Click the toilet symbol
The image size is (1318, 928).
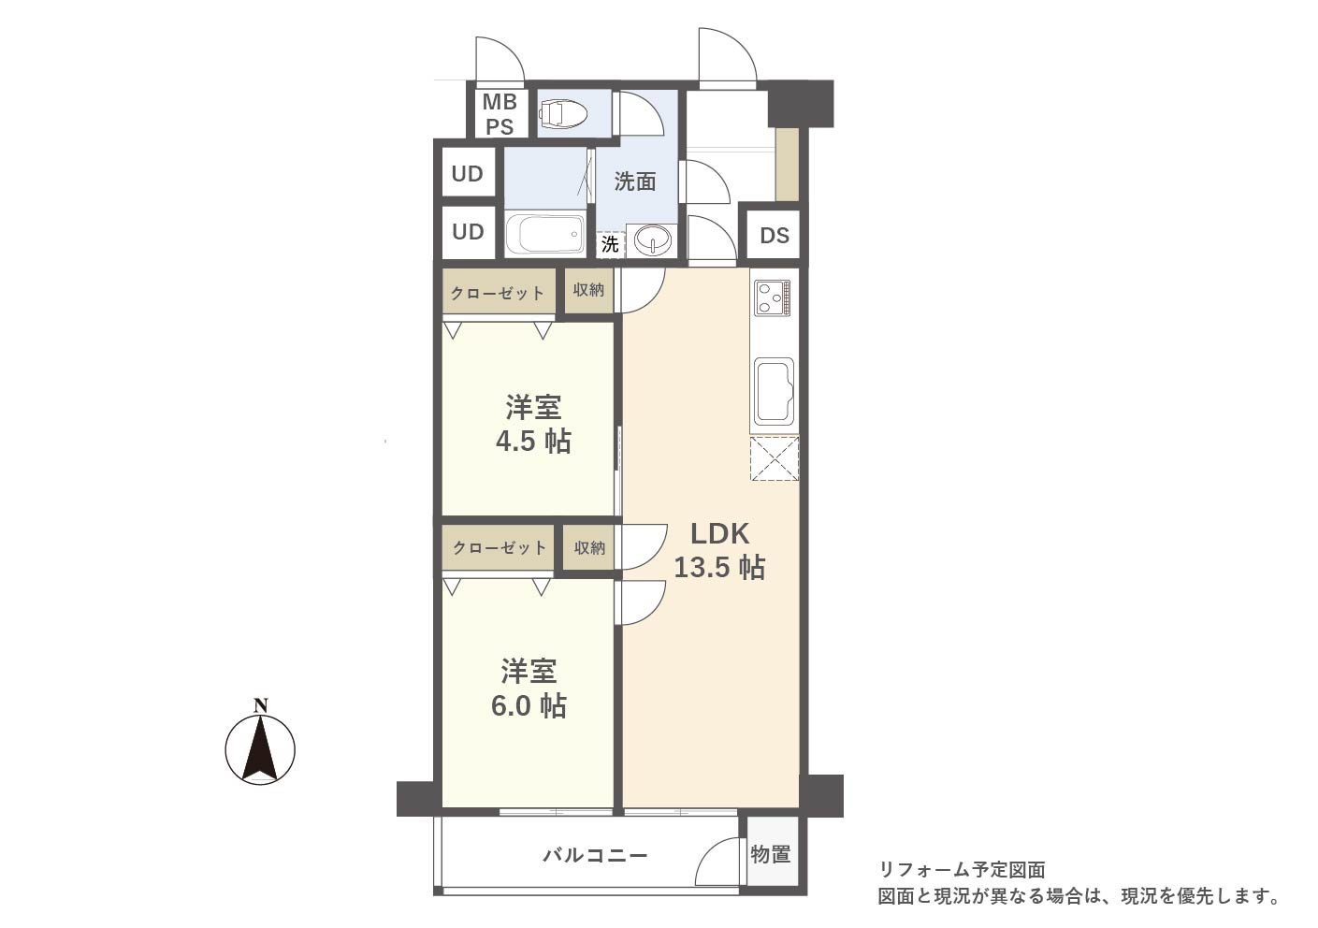(562, 113)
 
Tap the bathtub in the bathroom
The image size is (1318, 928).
(544, 234)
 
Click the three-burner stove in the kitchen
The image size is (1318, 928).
(774, 299)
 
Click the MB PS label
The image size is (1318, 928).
(500, 114)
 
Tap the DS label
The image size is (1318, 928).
(775, 236)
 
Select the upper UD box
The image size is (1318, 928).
(468, 174)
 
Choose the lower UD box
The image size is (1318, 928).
(468, 232)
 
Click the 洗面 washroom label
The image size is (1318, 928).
(635, 181)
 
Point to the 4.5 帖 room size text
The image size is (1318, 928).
(533, 441)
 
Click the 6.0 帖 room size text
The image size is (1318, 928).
(529, 705)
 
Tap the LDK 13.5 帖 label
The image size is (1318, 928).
(719, 550)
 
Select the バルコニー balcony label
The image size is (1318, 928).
(595, 854)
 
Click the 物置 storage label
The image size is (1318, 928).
(770, 854)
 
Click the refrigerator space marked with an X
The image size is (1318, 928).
(775, 459)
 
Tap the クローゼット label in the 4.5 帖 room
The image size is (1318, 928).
(498, 293)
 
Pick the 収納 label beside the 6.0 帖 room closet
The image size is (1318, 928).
(589, 548)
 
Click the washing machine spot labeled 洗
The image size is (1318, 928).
(610, 243)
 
